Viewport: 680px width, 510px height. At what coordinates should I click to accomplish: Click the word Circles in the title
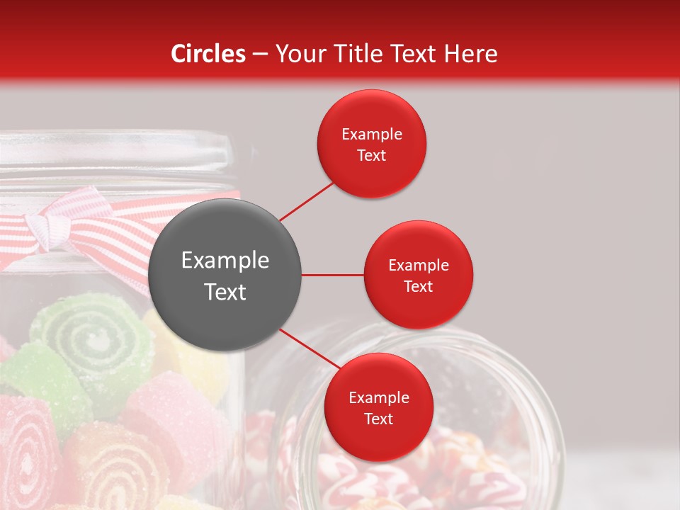click(x=208, y=54)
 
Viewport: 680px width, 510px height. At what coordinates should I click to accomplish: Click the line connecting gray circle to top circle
click(x=306, y=200)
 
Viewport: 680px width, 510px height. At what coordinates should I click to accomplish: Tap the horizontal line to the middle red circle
click(x=332, y=275)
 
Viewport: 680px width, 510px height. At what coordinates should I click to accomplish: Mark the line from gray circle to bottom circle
click(x=308, y=349)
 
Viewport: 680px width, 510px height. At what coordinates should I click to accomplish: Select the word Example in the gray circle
click(x=225, y=261)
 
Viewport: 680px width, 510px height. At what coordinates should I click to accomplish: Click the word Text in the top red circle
click(x=371, y=156)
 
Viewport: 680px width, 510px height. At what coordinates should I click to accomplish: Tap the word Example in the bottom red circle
click(x=378, y=398)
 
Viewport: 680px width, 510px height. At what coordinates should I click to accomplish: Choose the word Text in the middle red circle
click(x=418, y=287)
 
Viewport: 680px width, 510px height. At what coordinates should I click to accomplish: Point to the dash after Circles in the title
click(x=260, y=54)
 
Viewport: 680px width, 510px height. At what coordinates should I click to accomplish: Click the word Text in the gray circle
click(x=225, y=293)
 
